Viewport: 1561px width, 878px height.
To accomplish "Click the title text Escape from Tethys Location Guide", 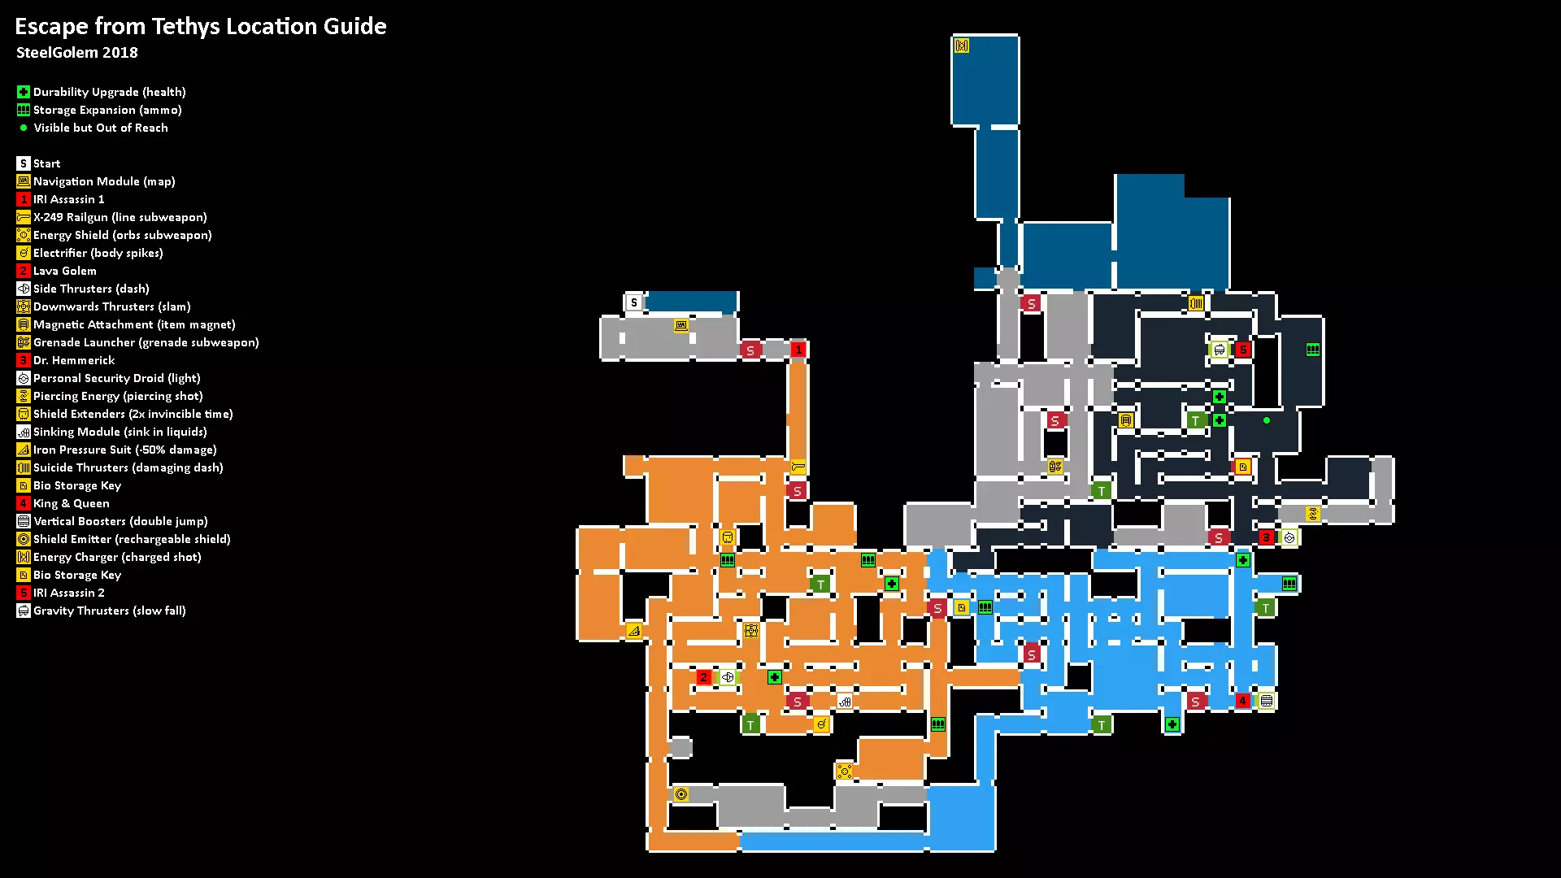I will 201,27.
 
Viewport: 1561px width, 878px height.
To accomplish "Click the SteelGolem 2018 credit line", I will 77,53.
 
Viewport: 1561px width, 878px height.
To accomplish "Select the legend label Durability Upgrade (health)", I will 109,92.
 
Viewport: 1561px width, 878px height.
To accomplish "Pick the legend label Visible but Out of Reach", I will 101,128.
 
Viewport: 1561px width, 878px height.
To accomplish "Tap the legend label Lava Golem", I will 65,271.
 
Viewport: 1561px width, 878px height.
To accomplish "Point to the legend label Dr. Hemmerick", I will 74,360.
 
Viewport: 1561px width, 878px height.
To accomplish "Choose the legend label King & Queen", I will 71,503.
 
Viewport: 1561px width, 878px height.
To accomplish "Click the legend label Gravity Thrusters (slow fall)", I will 109,611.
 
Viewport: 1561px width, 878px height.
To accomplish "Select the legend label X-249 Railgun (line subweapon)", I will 120,217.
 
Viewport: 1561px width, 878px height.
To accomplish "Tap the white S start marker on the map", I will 634,302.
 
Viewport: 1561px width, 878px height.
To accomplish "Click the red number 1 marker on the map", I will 798,350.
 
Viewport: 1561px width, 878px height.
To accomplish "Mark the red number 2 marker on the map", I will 704,677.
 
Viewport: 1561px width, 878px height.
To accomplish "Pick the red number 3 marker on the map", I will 1266,537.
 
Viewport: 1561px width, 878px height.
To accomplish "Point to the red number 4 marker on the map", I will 1242,701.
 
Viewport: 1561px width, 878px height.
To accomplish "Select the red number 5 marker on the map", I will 1242,350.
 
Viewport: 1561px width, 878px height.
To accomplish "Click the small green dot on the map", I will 1267,420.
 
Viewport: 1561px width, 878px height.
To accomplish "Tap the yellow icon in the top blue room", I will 962,46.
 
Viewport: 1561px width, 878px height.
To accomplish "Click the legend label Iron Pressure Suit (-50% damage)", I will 124,450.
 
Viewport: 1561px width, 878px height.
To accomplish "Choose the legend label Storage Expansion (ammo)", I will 107,110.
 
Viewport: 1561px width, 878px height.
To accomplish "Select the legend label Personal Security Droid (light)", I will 116,378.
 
